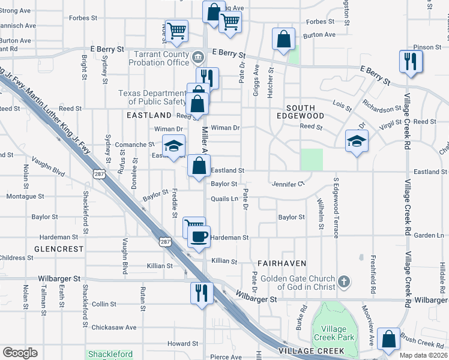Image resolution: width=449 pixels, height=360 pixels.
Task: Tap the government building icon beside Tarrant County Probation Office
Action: coord(198,58)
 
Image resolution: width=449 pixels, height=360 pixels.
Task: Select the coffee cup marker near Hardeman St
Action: coord(198,235)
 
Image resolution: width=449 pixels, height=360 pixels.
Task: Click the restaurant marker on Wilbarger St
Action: coord(201,292)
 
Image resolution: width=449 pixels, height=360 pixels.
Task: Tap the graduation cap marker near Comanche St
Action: coord(174,146)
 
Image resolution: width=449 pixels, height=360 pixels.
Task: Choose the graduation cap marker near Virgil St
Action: coord(357,141)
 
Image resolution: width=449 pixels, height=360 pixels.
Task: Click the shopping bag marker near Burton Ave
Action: coord(283,39)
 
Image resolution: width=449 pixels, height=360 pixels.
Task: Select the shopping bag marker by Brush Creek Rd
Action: coord(390,339)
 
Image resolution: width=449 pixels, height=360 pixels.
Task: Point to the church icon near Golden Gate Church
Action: coord(344,281)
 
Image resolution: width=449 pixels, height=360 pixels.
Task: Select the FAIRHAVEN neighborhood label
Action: coord(282,263)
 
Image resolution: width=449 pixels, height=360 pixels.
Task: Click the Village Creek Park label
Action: coord(333,333)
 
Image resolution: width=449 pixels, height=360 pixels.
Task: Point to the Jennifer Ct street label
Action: coord(289,184)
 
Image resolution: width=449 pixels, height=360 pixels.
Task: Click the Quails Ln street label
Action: coord(224,199)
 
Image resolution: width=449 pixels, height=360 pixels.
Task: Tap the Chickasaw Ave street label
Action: coord(114,328)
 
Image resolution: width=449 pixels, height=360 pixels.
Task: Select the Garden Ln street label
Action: coord(432,236)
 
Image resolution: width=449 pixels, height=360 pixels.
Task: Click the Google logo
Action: coord(20,353)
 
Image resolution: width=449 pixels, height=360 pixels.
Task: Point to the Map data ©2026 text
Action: coord(424,355)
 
